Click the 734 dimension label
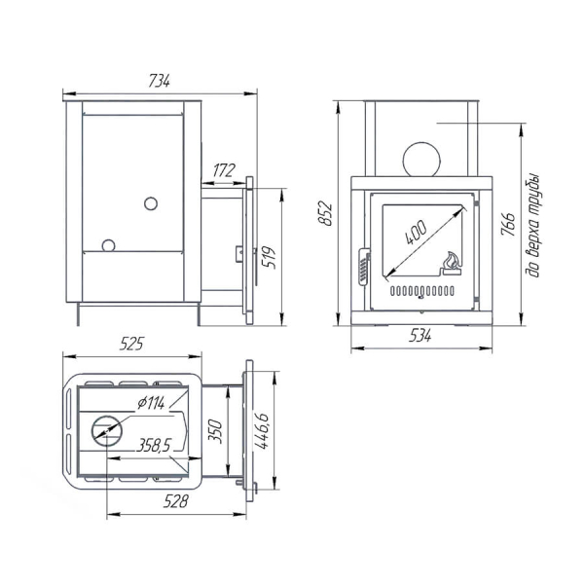point(159,81)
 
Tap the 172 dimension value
point(224,170)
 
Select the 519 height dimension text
point(269,257)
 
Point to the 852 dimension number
point(325,213)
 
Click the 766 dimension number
point(508,224)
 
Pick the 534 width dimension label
point(420,336)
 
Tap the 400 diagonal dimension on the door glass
point(416,233)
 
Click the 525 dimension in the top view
point(131,344)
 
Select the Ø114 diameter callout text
point(151,403)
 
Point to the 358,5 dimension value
point(153,445)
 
